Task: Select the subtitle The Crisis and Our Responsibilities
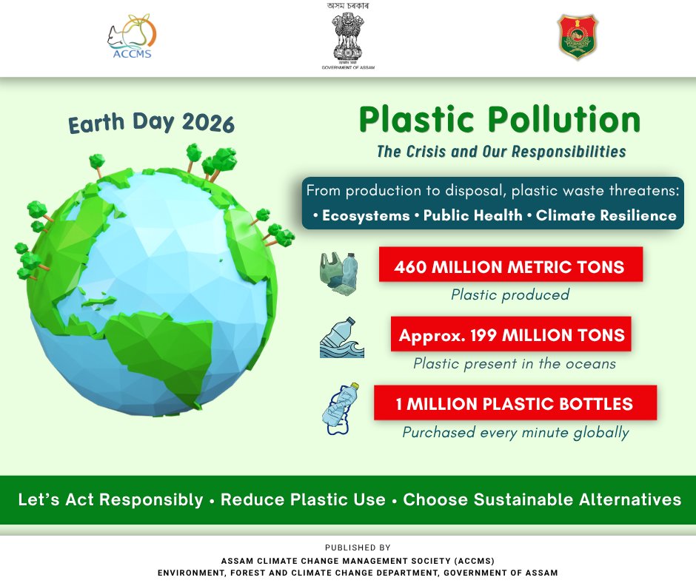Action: pos(501,152)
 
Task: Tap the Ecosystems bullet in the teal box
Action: pos(361,216)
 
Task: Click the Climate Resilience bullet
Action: pos(603,216)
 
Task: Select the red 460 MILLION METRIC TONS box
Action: pos(510,265)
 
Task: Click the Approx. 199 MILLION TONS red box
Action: pos(512,335)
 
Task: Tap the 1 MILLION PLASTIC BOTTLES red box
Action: pos(515,404)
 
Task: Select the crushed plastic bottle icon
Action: pos(341,408)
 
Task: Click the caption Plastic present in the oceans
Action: pos(515,364)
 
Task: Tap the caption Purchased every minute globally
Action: pos(515,433)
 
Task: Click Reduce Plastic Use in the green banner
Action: pos(303,499)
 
